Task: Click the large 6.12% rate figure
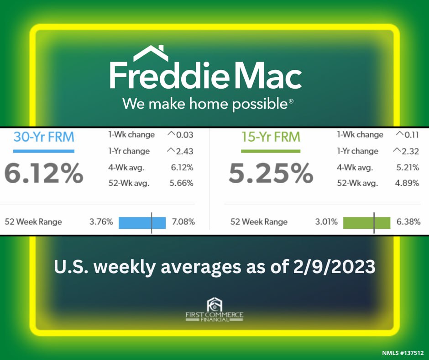(x=44, y=173)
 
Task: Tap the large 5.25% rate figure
(x=271, y=173)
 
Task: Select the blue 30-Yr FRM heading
(x=44, y=137)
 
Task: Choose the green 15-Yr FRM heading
(x=271, y=137)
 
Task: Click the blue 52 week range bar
(x=142, y=223)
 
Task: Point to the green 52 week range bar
(x=366, y=223)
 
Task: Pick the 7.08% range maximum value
(x=183, y=222)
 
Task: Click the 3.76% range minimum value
(x=101, y=222)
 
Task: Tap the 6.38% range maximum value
(x=408, y=222)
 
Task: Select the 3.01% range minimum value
(x=326, y=222)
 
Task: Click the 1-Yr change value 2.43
(x=185, y=151)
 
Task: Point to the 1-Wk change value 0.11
(x=412, y=135)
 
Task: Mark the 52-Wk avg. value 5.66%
(x=181, y=183)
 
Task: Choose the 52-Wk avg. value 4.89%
(x=407, y=183)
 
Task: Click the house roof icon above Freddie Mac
(x=151, y=53)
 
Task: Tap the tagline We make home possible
(x=208, y=104)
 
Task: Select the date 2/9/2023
(x=334, y=267)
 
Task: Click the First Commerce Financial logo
(x=214, y=309)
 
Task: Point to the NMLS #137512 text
(x=403, y=353)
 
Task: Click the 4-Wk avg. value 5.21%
(x=408, y=167)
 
